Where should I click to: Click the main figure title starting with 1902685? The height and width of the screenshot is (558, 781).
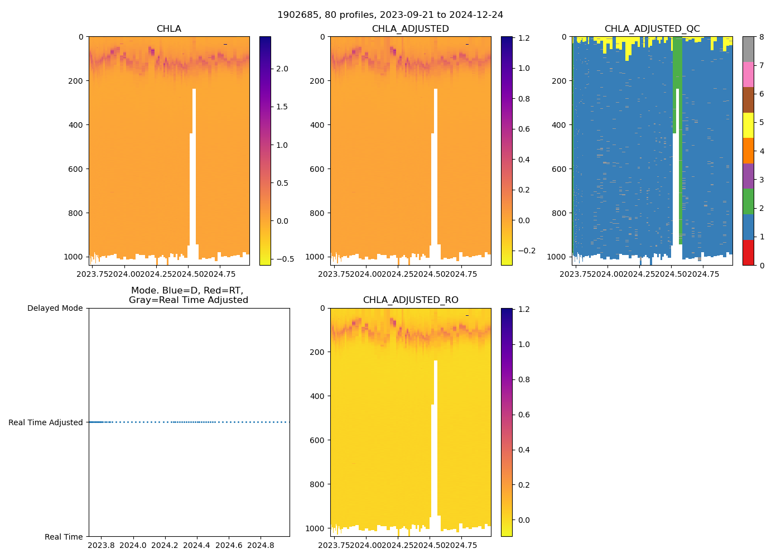coord(390,15)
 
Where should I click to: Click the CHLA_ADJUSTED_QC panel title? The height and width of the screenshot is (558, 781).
coord(652,29)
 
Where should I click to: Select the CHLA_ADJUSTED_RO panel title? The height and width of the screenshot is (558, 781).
coord(411,300)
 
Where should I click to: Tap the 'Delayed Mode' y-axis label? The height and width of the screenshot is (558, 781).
coord(55,309)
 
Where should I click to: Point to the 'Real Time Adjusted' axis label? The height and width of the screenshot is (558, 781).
coord(45,423)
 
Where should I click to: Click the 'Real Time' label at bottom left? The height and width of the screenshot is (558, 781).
coord(64,537)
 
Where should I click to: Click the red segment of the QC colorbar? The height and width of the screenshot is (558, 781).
coord(748,252)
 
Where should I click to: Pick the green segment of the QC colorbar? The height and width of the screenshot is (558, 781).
coord(748,201)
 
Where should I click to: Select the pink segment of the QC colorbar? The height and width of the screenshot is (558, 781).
coord(748,74)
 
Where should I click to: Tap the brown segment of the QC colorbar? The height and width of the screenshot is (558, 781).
coord(748,100)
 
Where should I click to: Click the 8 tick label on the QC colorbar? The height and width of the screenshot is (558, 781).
coord(761,37)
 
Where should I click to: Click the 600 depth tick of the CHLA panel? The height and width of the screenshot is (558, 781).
coord(75,169)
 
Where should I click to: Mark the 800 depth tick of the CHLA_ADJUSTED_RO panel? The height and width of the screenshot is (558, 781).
coord(317,484)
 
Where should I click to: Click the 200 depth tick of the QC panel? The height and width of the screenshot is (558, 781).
coord(558,81)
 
